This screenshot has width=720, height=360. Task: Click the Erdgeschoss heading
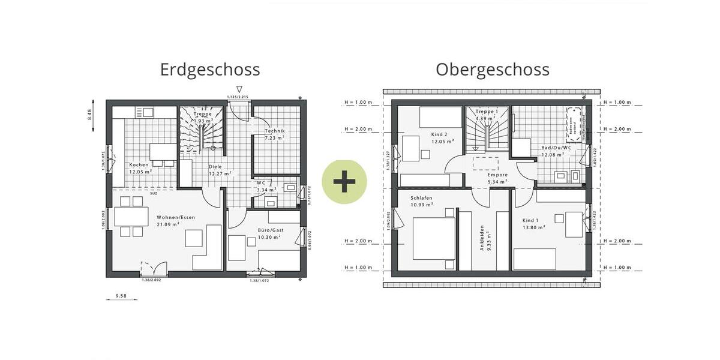point(210,70)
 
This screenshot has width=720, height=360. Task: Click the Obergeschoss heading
point(492,70)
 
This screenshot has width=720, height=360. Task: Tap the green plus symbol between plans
point(344,181)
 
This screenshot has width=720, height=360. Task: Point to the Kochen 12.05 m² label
point(139,168)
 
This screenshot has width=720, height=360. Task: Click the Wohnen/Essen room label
point(176,221)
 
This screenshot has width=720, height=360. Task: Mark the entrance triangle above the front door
point(239,89)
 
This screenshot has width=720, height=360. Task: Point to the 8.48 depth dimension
point(89,114)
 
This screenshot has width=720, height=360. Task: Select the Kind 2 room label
point(439,138)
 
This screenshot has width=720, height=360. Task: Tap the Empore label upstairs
point(497,178)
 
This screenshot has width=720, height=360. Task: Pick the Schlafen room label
point(422,201)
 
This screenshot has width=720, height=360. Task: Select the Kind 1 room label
point(533,223)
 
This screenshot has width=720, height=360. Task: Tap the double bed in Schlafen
point(434,238)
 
